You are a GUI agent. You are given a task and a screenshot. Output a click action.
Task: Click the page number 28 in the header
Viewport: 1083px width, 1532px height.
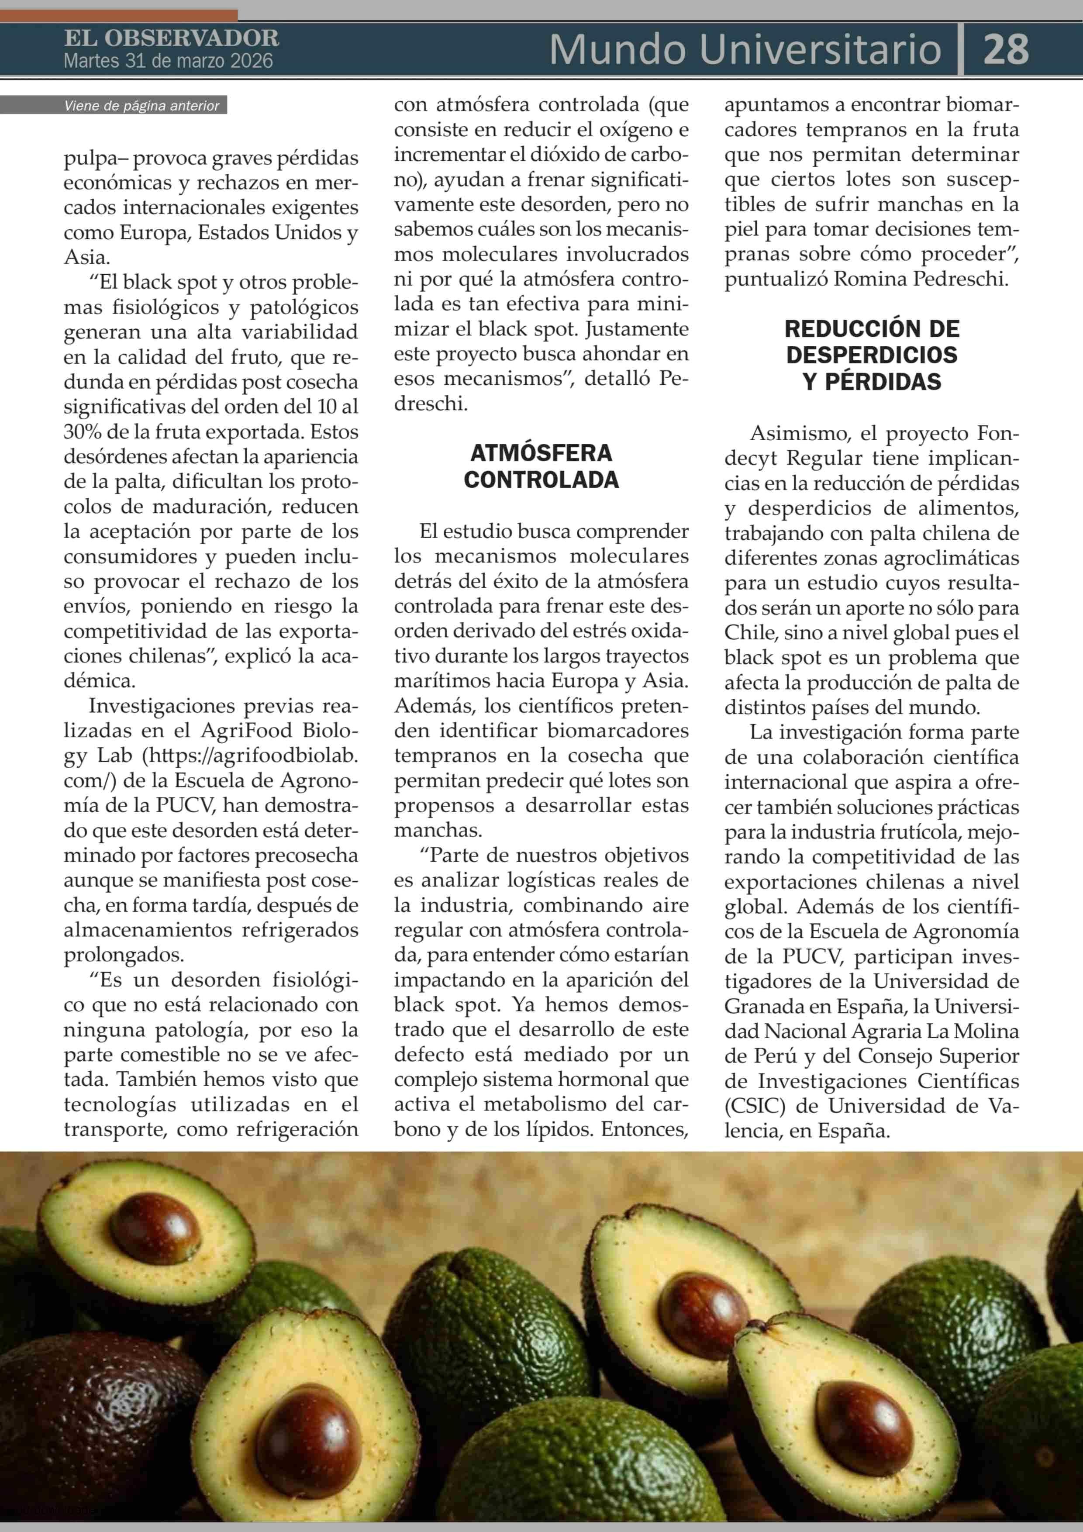point(1006,49)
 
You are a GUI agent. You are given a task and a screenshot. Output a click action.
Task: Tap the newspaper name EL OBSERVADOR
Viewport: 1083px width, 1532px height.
point(172,38)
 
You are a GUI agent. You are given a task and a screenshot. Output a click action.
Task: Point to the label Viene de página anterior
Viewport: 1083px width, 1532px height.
point(141,105)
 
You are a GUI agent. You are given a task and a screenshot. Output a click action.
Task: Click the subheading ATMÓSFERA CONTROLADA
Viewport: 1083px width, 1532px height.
point(541,466)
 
